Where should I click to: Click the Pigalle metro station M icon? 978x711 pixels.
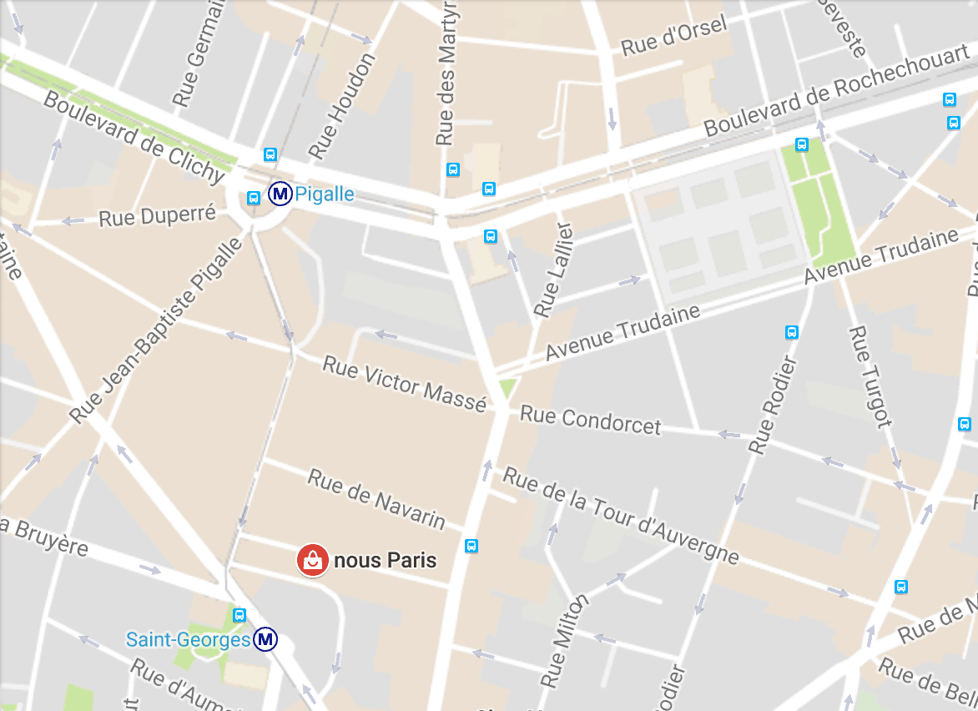click(x=280, y=194)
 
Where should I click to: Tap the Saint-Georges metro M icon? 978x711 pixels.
click(x=266, y=640)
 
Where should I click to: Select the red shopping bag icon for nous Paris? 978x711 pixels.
click(x=312, y=559)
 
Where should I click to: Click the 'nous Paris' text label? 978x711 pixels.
click(x=385, y=560)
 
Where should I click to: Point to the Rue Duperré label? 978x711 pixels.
click(x=157, y=216)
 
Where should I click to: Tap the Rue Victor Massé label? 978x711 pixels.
click(x=404, y=384)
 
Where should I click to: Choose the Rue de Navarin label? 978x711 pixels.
click(x=376, y=498)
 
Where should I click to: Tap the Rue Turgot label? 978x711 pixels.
click(x=870, y=376)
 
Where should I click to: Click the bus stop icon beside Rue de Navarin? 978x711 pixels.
click(x=471, y=546)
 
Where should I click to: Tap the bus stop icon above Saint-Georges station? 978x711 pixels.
click(x=239, y=615)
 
